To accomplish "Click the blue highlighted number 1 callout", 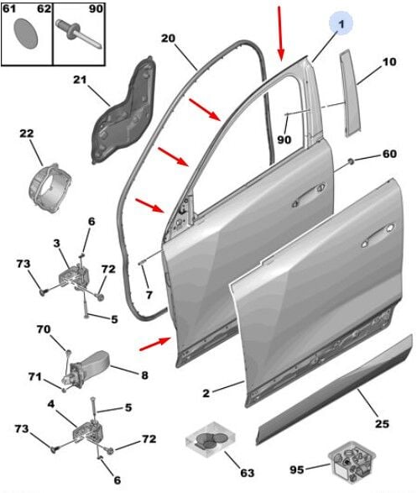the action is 341,23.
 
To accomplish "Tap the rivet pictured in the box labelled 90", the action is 78,34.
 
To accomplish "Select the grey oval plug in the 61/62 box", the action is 26,34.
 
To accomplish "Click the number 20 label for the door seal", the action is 168,39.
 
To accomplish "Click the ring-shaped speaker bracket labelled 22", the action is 50,188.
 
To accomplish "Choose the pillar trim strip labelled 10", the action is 350,92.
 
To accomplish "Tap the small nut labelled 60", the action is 351,161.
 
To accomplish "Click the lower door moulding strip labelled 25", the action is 334,390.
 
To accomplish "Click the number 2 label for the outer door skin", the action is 206,393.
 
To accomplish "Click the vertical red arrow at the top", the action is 279,33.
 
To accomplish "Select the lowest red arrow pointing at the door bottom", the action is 155,344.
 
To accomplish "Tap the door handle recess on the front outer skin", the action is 378,234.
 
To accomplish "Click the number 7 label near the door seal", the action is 149,295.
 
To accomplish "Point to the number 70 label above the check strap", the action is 44,329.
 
